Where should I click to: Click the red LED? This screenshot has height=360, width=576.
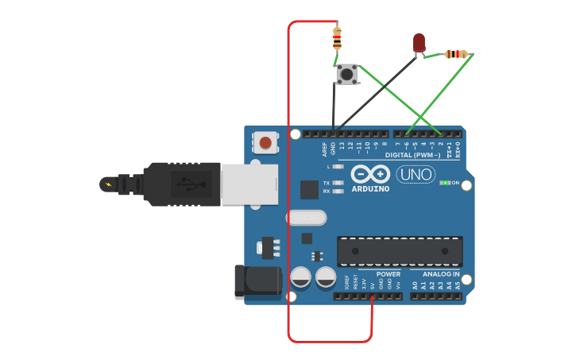(419, 42)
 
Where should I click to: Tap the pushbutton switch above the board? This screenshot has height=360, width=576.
(346, 75)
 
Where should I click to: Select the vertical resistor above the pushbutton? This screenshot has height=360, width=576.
(337, 37)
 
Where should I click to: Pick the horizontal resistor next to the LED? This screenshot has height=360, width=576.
(455, 54)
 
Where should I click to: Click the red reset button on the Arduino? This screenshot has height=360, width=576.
(266, 143)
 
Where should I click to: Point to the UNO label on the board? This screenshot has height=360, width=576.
(416, 174)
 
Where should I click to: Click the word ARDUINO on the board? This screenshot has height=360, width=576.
(370, 189)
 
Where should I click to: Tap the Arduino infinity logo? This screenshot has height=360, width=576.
(370, 174)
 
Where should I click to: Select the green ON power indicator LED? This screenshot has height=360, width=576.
(445, 183)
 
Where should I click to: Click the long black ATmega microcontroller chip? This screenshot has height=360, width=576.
(400, 251)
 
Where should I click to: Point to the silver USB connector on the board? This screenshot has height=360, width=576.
(249, 184)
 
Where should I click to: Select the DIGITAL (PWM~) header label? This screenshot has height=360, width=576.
(412, 155)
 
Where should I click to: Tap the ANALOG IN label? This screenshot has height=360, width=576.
(441, 274)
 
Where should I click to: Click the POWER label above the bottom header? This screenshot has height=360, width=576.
(389, 274)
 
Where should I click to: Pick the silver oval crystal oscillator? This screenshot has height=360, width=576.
(306, 217)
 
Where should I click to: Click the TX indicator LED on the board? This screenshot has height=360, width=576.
(338, 184)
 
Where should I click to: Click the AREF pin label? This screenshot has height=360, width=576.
(324, 148)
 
